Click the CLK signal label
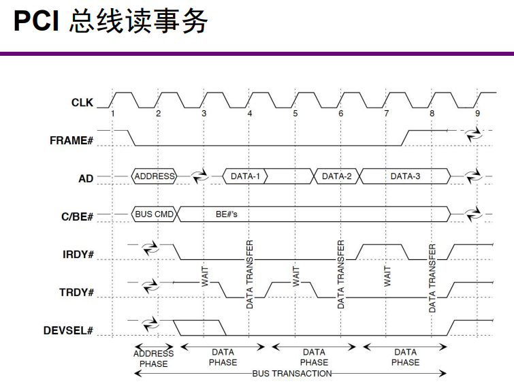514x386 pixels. coord(82,103)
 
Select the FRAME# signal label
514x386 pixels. coord(71,141)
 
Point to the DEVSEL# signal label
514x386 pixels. coord(67,331)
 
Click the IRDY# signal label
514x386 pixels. coord(77,255)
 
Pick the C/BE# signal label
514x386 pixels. coord(76,216)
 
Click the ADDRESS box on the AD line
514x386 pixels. coord(155,176)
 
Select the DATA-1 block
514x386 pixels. coord(246,176)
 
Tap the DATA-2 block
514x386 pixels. coord(337,176)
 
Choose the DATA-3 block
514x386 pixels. coord(405,176)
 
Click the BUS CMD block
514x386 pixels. coord(155,214)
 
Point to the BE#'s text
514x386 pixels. coord(226,214)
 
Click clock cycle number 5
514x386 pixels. coord(295,113)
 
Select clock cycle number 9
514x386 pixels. coord(477,113)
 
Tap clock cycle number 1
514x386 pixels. coord(113,113)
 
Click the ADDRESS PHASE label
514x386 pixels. coord(153,358)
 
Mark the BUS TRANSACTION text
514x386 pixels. coord(291,374)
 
